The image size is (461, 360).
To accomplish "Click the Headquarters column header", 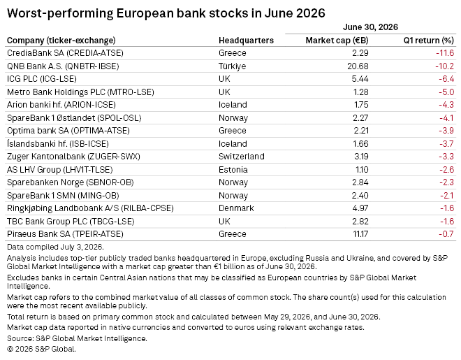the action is click(246, 41).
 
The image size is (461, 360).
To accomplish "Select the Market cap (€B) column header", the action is click(337, 41).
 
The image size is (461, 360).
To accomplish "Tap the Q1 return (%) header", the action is click(429, 41).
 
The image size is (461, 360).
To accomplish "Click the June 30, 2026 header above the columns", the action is click(370, 27).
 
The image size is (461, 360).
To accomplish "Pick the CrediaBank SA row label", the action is click(65, 53).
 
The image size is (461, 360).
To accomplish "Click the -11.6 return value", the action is click(445, 53).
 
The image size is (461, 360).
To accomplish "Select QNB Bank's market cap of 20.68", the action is click(358, 66).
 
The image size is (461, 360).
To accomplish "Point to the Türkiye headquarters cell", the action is click(233, 66).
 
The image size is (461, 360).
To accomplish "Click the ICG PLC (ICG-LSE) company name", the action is click(42, 79).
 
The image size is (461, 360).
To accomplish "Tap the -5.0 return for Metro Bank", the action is click(446, 92).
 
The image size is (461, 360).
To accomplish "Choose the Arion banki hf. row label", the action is click(61, 105).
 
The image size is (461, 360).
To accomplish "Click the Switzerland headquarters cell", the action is click(242, 157).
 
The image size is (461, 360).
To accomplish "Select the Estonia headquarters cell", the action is click(233, 170).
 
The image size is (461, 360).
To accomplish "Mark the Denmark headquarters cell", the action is click(236, 208).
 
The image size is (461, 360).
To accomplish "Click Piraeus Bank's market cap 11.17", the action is click(360, 234).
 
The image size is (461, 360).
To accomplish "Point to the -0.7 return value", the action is click(446, 234).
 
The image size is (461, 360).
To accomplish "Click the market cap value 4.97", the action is click(360, 208).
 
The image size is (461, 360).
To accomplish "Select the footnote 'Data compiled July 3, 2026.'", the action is click(55, 247).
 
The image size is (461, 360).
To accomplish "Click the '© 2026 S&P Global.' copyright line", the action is click(41, 349).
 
